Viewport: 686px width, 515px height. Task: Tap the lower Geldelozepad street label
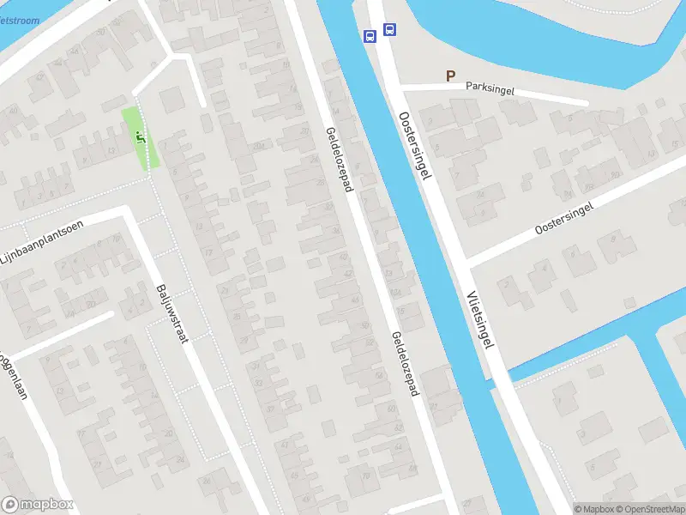405,364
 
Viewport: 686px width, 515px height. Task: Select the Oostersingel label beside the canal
413,143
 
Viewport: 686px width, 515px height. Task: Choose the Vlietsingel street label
480,318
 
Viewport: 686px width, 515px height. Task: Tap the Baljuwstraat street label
171,313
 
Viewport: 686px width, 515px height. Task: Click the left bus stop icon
370,36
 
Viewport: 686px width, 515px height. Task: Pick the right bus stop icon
390,29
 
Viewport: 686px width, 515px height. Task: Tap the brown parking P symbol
450,76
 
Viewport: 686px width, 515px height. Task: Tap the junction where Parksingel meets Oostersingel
403,87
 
